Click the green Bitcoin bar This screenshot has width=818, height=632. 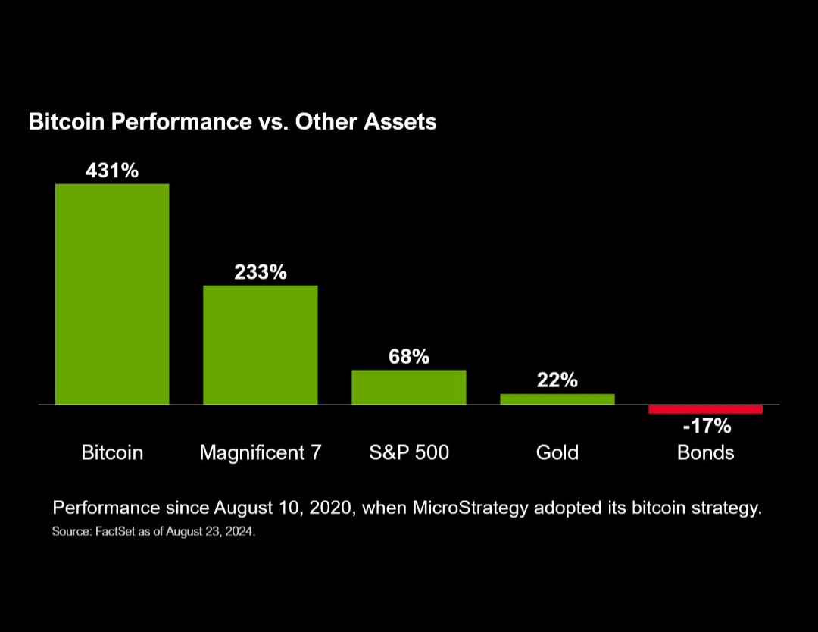point(112,294)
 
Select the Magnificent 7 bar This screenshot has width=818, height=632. point(260,345)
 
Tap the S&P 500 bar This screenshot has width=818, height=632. point(408,386)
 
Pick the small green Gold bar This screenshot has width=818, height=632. point(557,399)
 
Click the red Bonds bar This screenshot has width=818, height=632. point(705,409)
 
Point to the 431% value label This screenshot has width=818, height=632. point(112,171)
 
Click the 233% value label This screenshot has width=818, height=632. point(260,272)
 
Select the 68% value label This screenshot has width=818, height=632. point(409,356)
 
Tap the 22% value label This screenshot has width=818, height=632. point(557,380)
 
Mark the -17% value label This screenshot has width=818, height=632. point(706,426)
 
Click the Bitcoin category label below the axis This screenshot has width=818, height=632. point(112,452)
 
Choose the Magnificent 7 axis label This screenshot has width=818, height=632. point(260,452)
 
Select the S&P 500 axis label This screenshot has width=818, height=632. point(408,452)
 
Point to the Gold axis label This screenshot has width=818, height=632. point(557,452)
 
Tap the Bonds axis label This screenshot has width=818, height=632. point(705,452)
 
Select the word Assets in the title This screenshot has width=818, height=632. point(401,121)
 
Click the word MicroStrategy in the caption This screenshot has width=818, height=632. point(470,508)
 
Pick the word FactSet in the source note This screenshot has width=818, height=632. point(115,532)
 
